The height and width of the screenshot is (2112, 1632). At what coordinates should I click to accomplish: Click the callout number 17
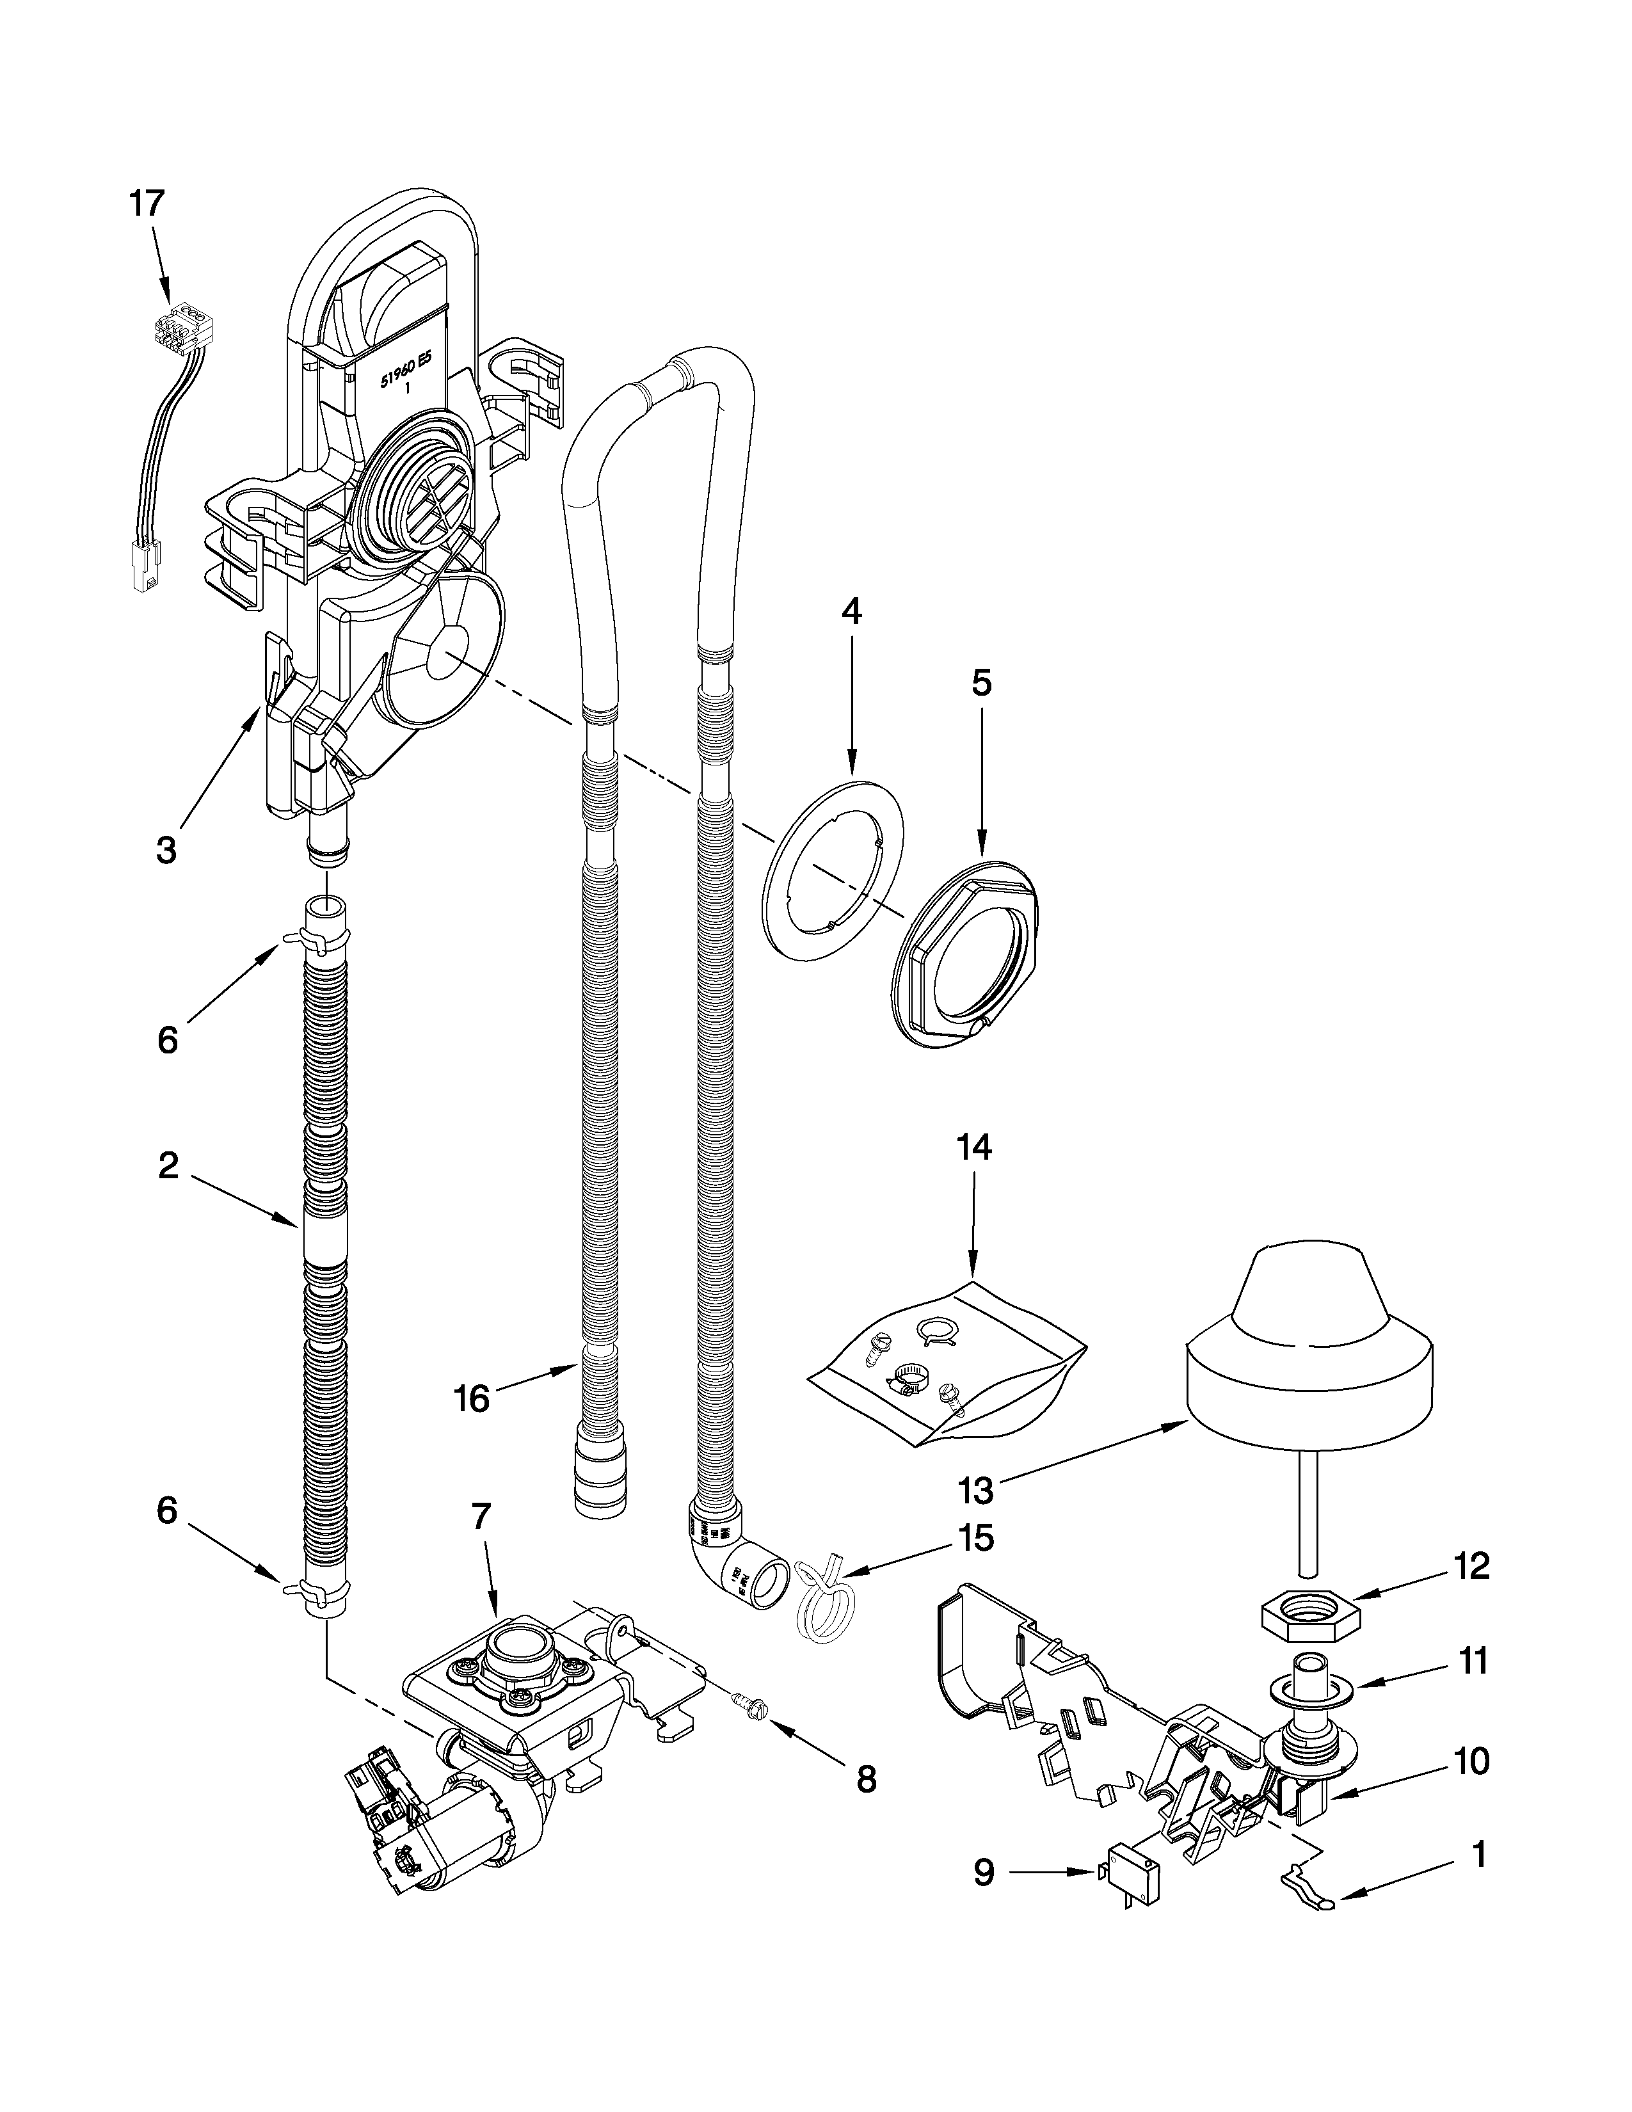[148, 204]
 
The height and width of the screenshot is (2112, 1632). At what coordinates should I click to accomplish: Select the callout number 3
[166, 850]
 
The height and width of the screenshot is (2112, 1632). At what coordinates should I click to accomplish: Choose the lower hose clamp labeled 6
[316, 1589]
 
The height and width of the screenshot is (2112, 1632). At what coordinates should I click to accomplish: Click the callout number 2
[168, 1166]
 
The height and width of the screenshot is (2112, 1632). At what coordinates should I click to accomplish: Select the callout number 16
[472, 1399]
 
